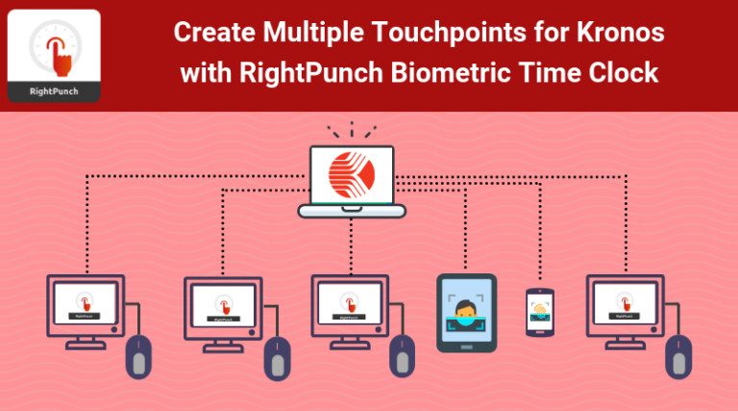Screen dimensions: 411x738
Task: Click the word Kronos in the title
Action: tap(623, 32)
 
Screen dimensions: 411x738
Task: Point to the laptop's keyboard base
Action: tap(352, 210)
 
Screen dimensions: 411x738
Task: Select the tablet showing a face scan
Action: tap(466, 313)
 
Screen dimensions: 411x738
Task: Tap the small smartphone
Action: tap(540, 312)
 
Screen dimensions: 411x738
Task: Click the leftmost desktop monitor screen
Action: tap(86, 302)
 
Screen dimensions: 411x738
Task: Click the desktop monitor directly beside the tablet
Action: tap(350, 302)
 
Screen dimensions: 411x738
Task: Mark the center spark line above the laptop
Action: tap(352, 129)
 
